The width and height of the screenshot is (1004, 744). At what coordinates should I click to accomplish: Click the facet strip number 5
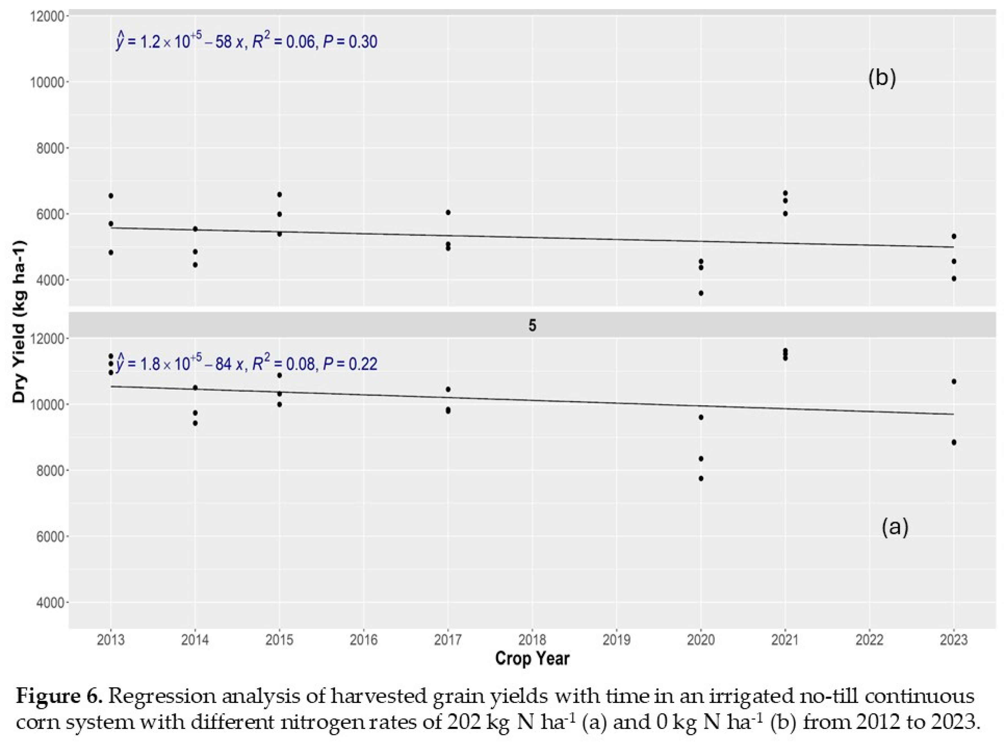coord(532,325)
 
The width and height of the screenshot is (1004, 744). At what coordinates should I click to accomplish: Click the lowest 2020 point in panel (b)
coord(701,293)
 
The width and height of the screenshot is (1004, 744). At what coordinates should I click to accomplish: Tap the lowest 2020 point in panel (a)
coord(701,478)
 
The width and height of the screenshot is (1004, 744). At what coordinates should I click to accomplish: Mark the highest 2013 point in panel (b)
coord(111,196)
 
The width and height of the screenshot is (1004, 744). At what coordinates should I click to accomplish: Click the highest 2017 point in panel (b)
coord(448,212)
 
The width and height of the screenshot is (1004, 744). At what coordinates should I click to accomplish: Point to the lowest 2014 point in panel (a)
coord(195,423)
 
